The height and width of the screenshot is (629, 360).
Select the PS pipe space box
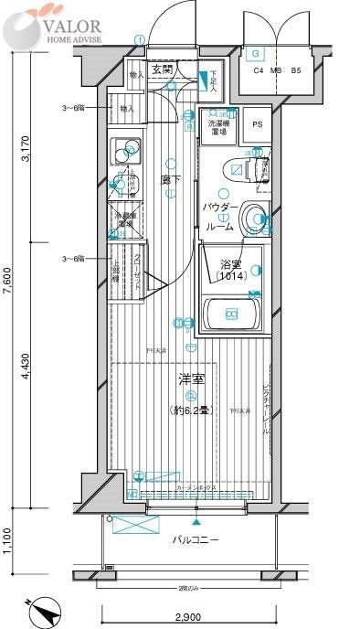257,125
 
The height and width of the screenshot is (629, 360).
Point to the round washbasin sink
258,218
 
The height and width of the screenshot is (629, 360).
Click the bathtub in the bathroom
232,314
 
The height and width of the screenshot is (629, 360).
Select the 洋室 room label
190,378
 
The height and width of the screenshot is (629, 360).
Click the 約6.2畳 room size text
190,410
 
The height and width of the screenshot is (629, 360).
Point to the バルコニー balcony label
196,540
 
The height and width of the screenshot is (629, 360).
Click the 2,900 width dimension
189,619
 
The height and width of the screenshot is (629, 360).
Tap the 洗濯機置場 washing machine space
219,126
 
